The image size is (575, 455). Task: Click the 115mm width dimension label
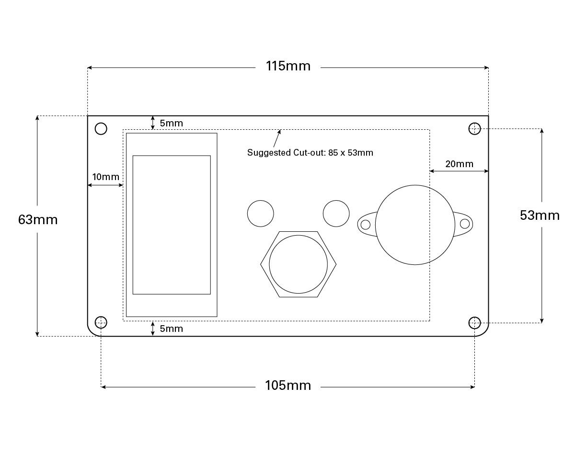click(x=288, y=66)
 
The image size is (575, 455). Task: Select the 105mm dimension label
click(x=288, y=386)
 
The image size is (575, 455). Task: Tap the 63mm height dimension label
click(x=38, y=220)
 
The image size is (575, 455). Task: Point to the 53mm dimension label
click(x=540, y=216)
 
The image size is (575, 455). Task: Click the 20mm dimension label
click(x=460, y=164)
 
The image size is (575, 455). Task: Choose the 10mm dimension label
click(x=106, y=177)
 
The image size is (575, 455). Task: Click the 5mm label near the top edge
click(x=172, y=123)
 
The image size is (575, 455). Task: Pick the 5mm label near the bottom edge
click(x=172, y=329)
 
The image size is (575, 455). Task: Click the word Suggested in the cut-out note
click(x=269, y=153)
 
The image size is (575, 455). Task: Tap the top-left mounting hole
click(x=101, y=129)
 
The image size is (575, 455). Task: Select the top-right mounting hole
click(x=475, y=129)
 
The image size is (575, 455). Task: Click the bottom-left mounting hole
click(x=101, y=322)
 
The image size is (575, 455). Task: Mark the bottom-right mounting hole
click(x=475, y=323)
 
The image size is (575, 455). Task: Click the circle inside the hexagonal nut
click(x=298, y=264)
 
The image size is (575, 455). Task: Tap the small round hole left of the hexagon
click(x=261, y=214)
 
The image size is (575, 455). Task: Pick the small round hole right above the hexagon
click(x=336, y=214)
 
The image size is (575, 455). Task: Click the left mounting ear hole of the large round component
click(x=366, y=225)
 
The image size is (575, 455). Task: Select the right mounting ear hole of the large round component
click(x=465, y=224)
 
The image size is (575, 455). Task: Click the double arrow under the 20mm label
click(x=459, y=171)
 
